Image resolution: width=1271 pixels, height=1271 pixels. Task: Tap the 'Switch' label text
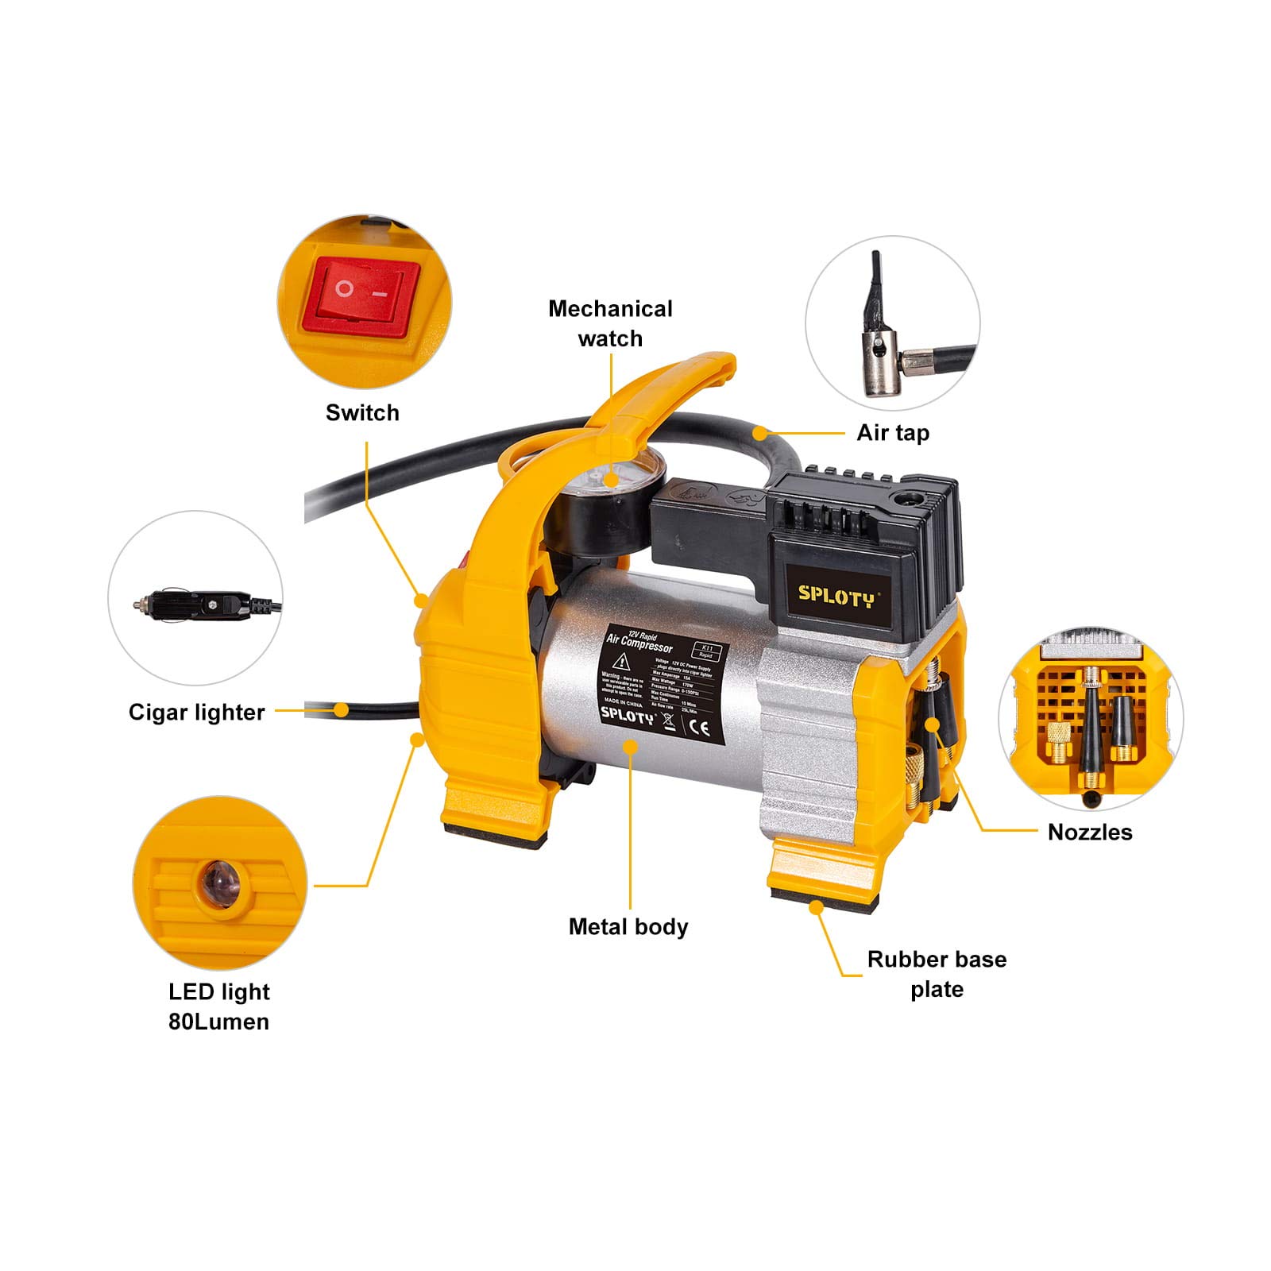coord(362,412)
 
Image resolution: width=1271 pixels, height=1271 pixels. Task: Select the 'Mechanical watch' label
coord(610,323)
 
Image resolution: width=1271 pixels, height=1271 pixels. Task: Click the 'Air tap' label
coord(893,433)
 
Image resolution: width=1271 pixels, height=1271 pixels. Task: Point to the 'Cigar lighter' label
coord(196,712)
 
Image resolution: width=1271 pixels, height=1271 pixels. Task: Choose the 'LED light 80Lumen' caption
coord(219,1006)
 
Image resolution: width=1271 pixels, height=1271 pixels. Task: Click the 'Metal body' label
coord(628,926)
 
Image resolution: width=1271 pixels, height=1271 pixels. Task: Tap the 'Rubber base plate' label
coord(937,974)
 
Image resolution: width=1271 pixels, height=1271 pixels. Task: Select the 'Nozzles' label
coord(1090,832)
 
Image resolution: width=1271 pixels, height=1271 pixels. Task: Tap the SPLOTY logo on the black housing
coord(836,595)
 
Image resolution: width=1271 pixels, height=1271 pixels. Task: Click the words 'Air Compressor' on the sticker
coord(639,643)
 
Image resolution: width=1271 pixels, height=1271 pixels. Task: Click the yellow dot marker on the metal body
coord(630,746)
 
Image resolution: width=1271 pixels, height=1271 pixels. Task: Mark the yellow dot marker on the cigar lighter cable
coord(342,709)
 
